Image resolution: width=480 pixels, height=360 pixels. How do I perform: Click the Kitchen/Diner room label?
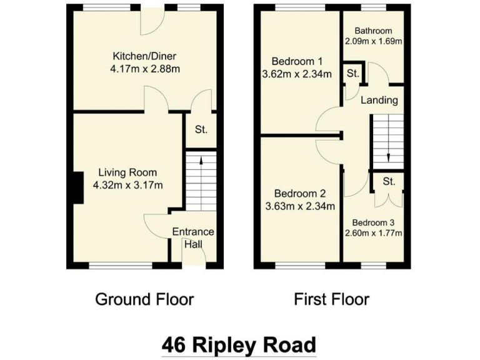pyautogui.click(x=144, y=54)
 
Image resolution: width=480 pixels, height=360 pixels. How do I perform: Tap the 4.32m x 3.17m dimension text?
pyautogui.click(x=127, y=185)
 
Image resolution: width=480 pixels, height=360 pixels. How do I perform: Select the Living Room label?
pyautogui.click(x=127, y=172)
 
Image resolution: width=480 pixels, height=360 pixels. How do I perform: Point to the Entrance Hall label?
pyautogui.click(x=193, y=237)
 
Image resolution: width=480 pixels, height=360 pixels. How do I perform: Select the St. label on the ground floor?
pyautogui.click(x=201, y=130)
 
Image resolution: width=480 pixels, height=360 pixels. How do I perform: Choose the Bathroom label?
pyautogui.click(x=373, y=31)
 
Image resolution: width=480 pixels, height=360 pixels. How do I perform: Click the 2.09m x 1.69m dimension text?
pyautogui.click(x=374, y=41)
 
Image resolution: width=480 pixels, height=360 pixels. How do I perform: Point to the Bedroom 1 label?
pyautogui.click(x=297, y=61)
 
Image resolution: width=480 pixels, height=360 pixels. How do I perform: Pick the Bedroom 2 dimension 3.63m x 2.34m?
pyautogui.click(x=300, y=206)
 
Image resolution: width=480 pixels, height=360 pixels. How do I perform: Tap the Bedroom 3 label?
pyautogui.click(x=373, y=222)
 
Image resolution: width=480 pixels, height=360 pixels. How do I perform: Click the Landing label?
pyautogui.click(x=379, y=100)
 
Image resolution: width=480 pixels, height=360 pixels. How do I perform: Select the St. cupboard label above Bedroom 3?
pyautogui.click(x=389, y=182)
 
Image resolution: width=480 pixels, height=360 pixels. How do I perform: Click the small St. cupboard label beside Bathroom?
pyautogui.click(x=352, y=74)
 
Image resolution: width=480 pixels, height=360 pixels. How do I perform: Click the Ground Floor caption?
pyautogui.click(x=144, y=299)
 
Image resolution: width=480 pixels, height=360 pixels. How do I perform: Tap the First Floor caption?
pyautogui.click(x=332, y=299)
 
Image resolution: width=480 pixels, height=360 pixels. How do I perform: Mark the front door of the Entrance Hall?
pyautogui.click(x=193, y=266)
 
